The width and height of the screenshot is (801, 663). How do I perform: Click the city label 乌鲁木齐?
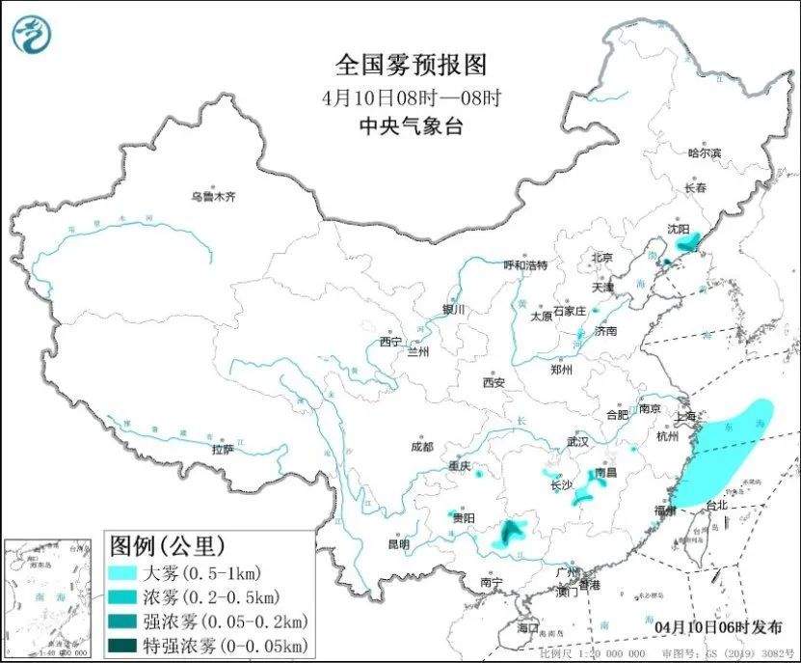click(x=212, y=197)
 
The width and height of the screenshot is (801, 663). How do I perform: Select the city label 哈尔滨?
click(x=704, y=153)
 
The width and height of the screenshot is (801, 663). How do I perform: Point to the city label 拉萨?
click(x=223, y=449)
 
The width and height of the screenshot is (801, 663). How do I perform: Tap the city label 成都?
click(x=421, y=447)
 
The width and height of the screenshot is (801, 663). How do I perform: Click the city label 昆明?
click(x=398, y=544)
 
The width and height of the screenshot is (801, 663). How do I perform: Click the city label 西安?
click(x=494, y=382)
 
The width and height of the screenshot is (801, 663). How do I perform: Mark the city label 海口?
click(x=527, y=627)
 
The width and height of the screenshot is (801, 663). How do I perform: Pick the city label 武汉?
click(x=577, y=441)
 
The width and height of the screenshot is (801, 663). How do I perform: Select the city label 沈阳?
click(x=679, y=230)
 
